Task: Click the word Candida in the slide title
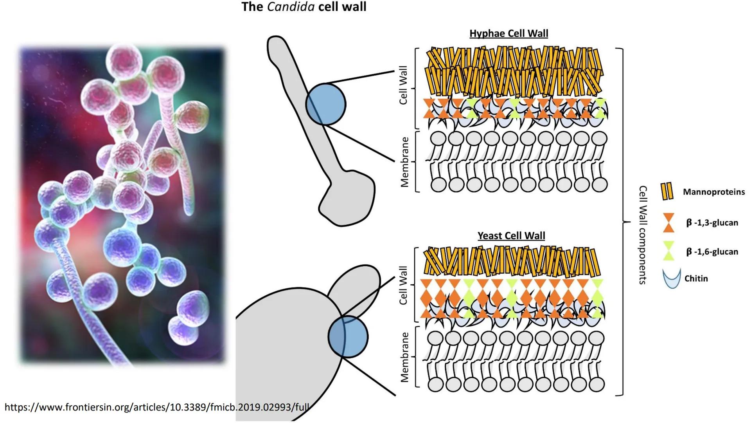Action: [291, 7]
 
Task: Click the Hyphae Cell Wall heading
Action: [508, 33]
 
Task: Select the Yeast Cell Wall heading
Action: [511, 235]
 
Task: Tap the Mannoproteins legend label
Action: [713, 192]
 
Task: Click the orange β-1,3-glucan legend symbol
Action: [668, 222]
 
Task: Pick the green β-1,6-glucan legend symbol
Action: [668, 251]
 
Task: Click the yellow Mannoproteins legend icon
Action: [667, 192]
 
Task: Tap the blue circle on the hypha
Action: [326, 104]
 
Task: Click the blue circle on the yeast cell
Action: [348, 336]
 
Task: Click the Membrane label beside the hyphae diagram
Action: [404, 162]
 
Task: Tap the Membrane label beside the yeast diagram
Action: [404, 357]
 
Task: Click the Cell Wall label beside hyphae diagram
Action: [403, 85]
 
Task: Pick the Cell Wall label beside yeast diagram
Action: [403, 285]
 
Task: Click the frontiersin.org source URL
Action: [157, 407]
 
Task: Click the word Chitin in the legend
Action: [696, 278]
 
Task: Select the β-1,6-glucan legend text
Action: [712, 251]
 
